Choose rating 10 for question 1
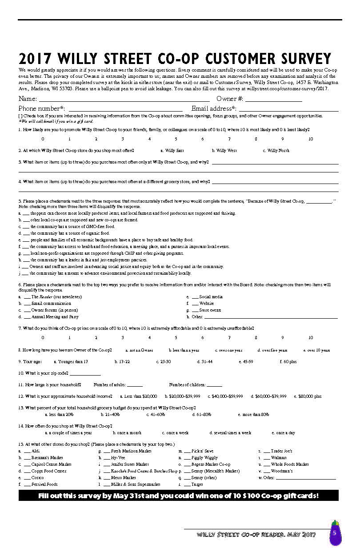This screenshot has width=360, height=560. click(x=310, y=139)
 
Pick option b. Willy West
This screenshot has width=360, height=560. click(x=224, y=151)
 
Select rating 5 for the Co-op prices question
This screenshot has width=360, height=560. click(x=176, y=338)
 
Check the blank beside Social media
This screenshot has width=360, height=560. click(x=195, y=297)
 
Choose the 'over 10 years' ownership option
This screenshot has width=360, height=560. click(x=317, y=350)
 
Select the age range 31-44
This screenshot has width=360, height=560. click(x=205, y=362)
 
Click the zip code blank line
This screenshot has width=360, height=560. click(x=85, y=374)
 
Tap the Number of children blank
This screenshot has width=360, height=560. click(x=214, y=385)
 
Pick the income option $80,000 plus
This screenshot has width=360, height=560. click(x=308, y=396)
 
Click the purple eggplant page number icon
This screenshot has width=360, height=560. click(x=335, y=533)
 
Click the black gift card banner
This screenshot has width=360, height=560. click(x=178, y=496)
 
